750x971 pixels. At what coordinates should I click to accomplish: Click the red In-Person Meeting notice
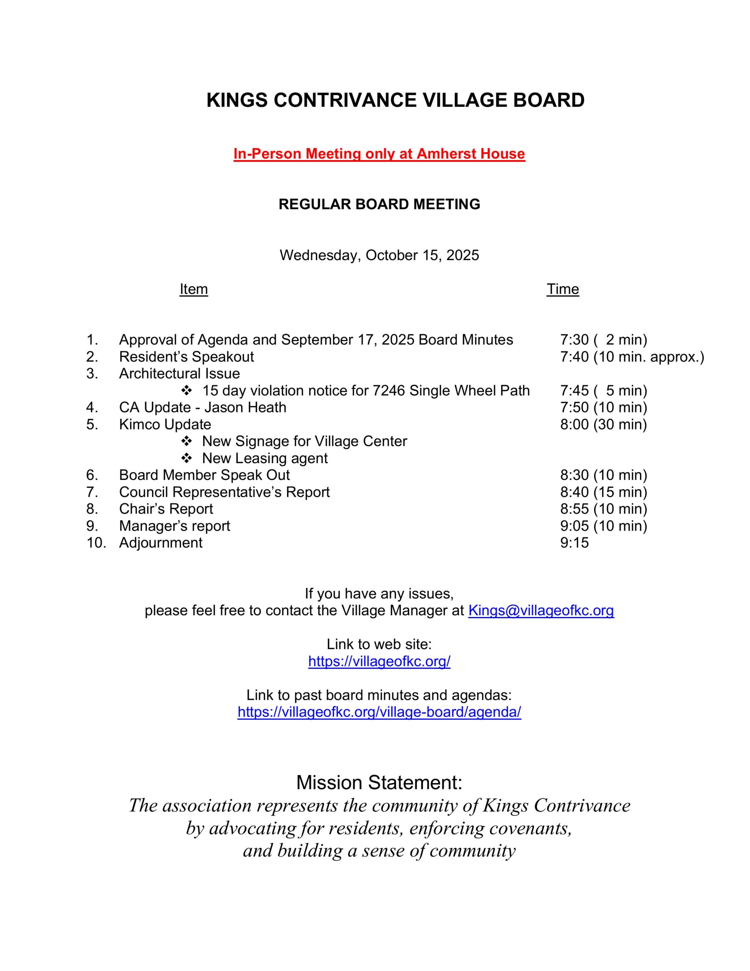click(379, 154)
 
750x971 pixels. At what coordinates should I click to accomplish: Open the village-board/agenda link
click(379, 712)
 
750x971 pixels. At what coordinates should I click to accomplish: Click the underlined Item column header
click(193, 289)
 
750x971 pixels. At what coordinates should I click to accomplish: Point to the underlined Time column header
click(562, 289)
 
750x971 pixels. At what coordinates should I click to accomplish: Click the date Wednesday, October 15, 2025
click(379, 255)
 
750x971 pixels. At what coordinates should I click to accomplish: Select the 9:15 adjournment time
click(574, 543)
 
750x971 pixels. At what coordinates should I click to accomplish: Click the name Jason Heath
click(245, 407)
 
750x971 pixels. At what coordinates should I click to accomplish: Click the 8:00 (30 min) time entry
click(603, 424)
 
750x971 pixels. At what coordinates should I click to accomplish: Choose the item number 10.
click(96, 543)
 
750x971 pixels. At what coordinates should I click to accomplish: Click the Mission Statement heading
click(379, 782)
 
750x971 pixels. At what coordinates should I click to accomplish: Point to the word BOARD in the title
click(549, 100)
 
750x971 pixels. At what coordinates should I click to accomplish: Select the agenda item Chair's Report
click(166, 509)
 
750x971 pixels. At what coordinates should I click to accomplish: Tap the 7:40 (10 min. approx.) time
click(631, 357)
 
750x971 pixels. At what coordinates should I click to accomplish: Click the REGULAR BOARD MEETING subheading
click(379, 204)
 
